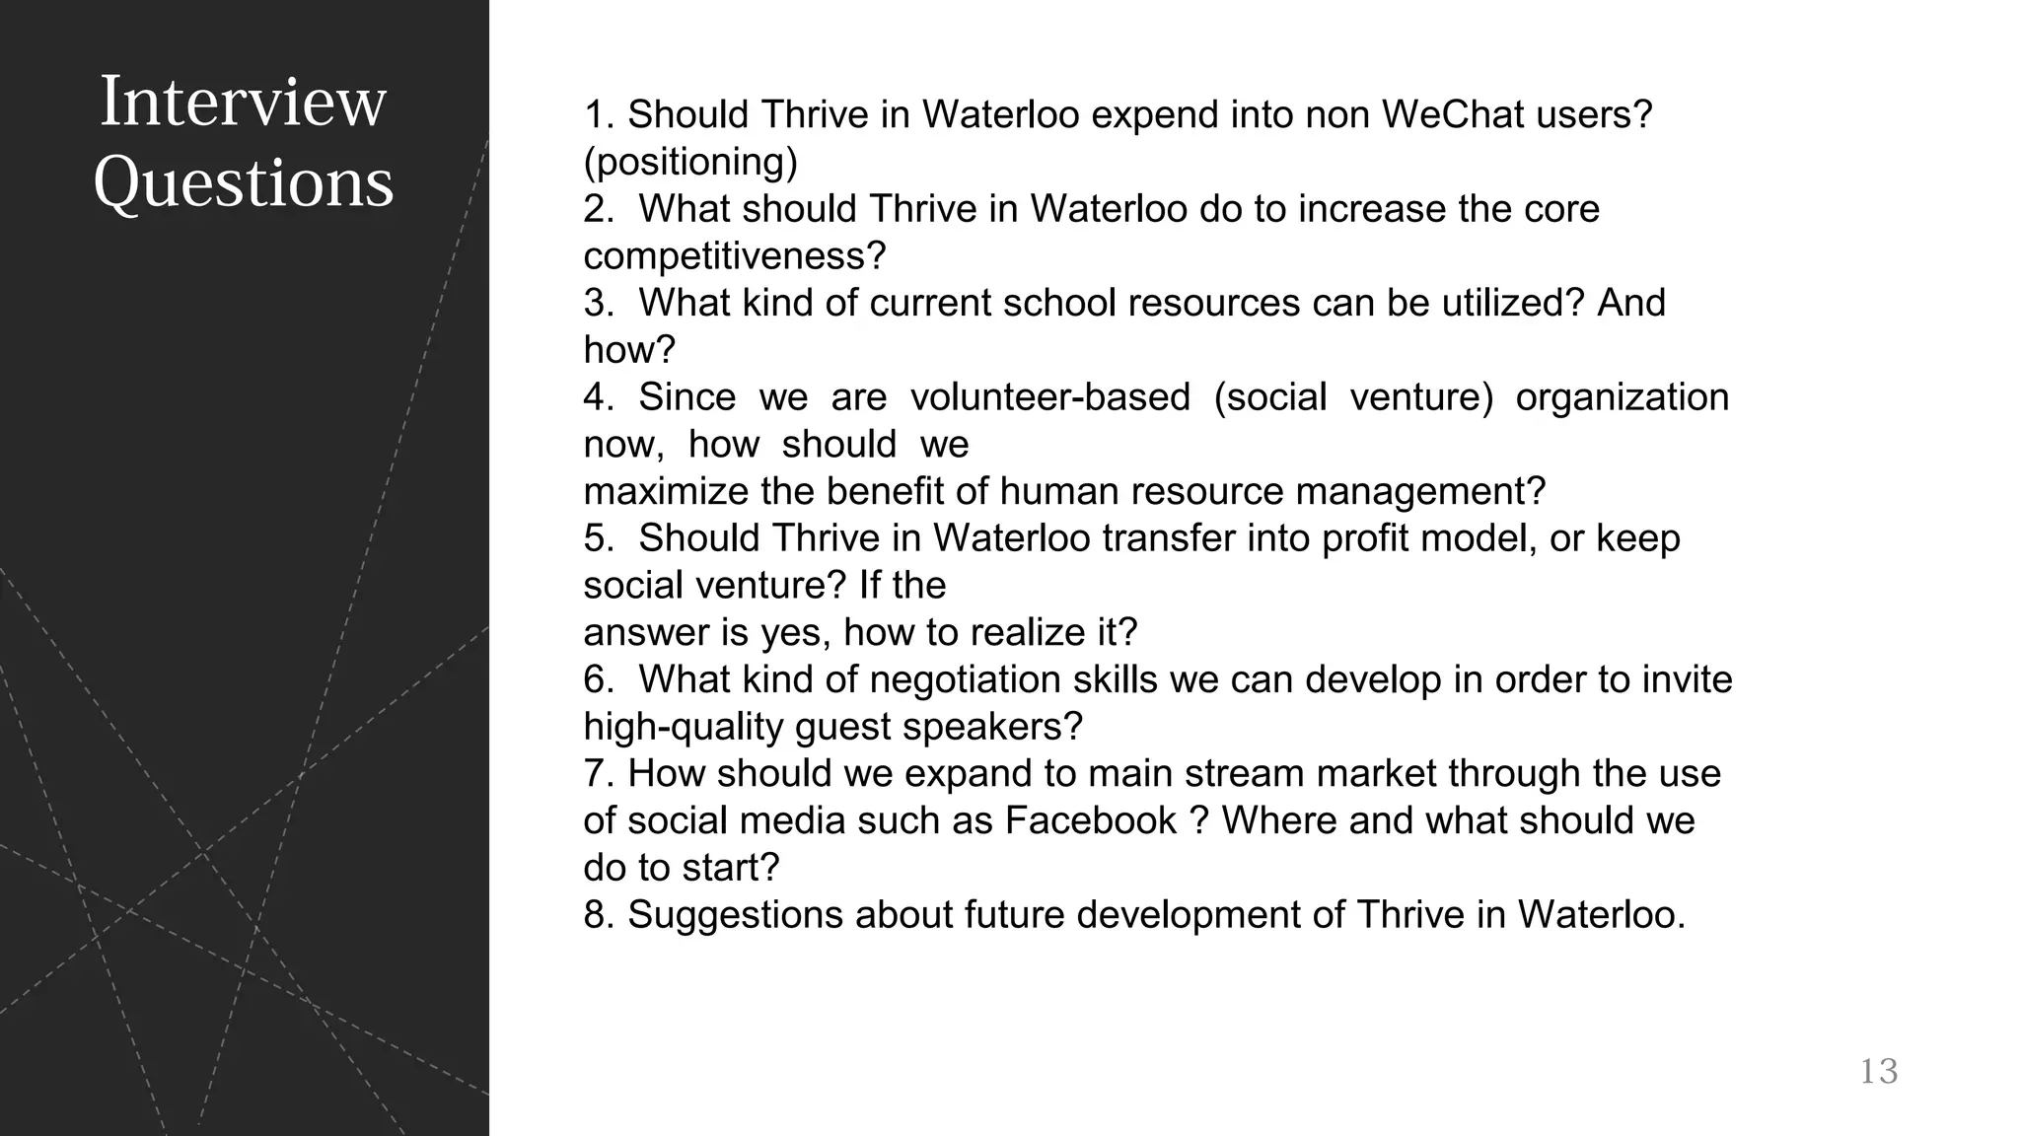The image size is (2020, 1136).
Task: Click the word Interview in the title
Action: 243,102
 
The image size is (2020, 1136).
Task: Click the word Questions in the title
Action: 243,183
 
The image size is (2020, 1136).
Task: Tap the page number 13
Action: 1878,1071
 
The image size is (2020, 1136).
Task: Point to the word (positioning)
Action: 690,162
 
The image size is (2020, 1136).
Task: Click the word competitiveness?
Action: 735,256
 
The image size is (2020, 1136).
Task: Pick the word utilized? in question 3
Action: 1514,303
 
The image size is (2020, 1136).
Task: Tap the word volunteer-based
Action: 1049,397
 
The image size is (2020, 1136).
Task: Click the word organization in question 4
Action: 1622,397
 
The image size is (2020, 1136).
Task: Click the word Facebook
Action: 1091,820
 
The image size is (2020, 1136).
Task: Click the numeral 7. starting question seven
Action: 600,774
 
